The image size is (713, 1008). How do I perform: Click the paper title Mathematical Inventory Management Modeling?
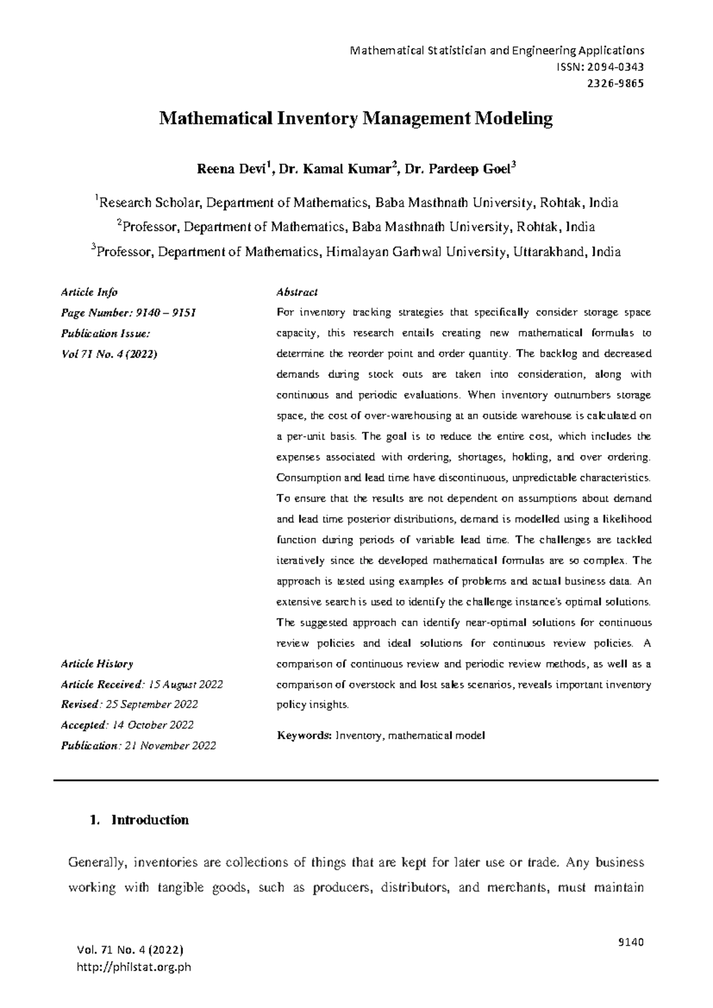coord(355,119)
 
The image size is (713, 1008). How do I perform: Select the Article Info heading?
coord(89,292)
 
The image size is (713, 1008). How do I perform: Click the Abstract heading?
coord(297,292)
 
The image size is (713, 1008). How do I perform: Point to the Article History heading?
coord(97,664)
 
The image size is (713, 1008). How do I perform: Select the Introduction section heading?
coord(150,820)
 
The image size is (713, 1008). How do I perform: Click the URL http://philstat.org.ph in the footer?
coord(134,967)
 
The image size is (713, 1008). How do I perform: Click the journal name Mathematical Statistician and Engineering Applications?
coord(498,50)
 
